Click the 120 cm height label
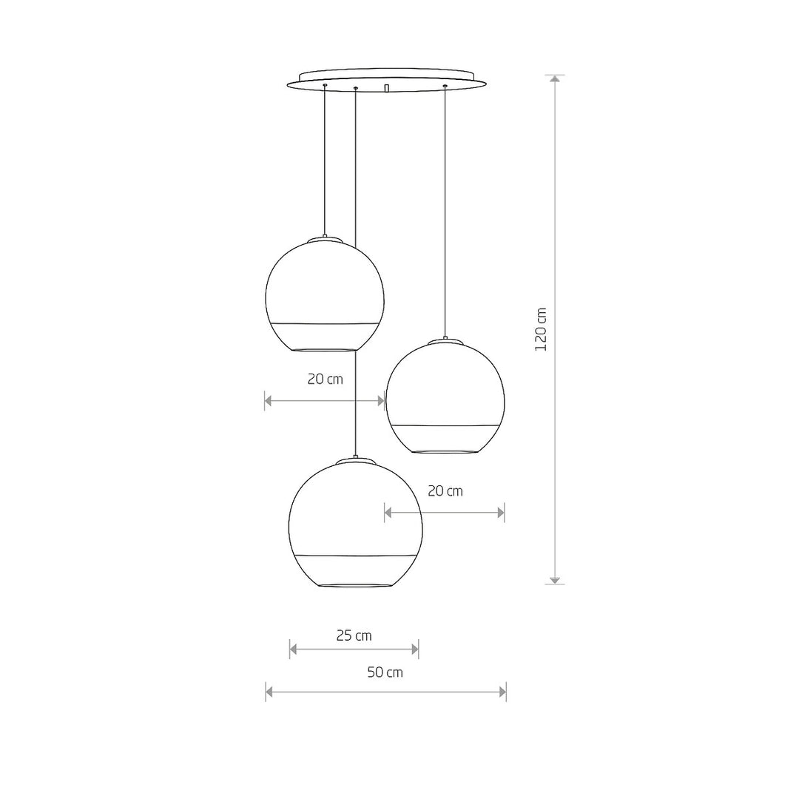pos(541,329)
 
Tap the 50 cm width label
pos(385,672)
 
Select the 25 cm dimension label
pos(354,636)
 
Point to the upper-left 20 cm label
pos(325,380)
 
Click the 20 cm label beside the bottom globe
pos(445,491)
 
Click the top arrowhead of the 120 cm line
pos(555,78)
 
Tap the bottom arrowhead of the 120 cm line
pos(555,581)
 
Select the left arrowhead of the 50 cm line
pos(269,692)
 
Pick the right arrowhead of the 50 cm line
pos(502,692)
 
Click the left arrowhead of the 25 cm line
pos(294,650)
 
